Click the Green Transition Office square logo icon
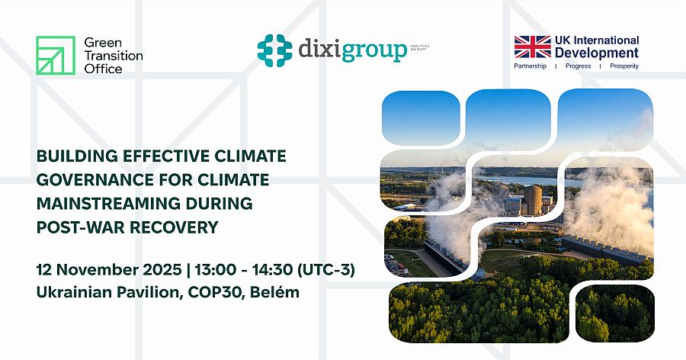point(56,55)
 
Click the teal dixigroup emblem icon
point(274,50)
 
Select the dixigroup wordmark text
point(352,50)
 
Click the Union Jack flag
point(532,47)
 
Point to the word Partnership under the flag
point(532,66)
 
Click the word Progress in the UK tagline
point(578,66)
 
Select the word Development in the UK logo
point(597,53)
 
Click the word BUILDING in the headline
point(74,156)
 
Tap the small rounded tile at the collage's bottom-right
point(614,313)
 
